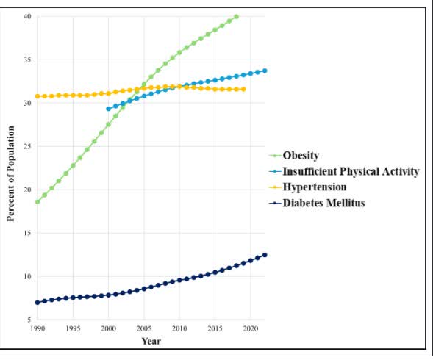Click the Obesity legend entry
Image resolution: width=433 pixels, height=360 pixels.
point(301,156)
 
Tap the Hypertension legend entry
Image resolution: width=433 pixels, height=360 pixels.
point(314,187)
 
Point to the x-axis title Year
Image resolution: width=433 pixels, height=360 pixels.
point(151,341)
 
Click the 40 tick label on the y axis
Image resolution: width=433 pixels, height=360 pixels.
point(27,16)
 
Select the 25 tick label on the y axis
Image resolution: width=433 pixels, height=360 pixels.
point(27,146)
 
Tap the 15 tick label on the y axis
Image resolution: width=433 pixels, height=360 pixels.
point(27,234)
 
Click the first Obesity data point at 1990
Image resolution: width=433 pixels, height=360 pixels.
point(37,201)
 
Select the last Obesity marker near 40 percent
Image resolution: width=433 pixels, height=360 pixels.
point(236,16)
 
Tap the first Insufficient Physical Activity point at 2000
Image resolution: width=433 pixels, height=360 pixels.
point(109,109)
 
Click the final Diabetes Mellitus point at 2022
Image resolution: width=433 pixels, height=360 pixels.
point(265,255)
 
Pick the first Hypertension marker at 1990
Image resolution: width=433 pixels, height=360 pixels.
point(37,96)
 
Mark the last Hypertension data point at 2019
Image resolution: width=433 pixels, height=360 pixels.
point(243,89)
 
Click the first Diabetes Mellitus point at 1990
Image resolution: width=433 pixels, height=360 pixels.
point(37,303)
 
